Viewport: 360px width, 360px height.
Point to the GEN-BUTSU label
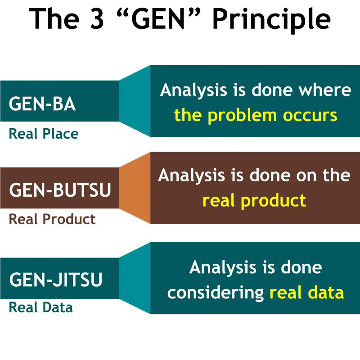[60, 190]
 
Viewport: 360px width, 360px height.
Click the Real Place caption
[44, 134]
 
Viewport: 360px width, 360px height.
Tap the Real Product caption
[52, 219]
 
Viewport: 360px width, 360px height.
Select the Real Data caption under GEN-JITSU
[40, 308]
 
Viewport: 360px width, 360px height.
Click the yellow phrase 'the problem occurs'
[256, 116]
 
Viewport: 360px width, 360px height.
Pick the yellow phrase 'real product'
[254, 201]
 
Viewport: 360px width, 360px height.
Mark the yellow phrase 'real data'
[306, 293]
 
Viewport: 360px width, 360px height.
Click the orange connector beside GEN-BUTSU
[135, 188]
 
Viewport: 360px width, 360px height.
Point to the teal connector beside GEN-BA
[135, 101]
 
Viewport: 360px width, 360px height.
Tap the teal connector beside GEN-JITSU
[135, 278]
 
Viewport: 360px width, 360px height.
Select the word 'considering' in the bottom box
[216, 293]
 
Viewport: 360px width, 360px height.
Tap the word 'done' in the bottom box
[301, 267]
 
